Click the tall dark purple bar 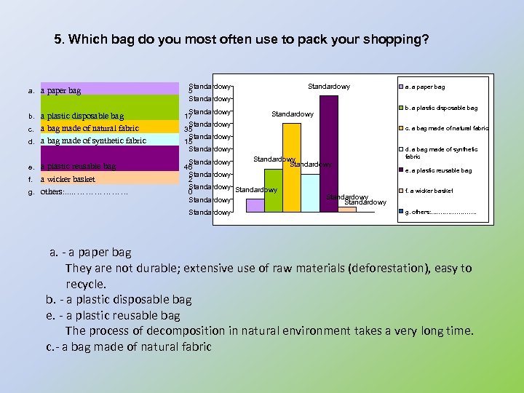point(329,153)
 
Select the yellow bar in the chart point(292,167)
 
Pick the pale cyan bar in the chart point(310,193)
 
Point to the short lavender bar point(255,205)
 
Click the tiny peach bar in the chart point(347,210)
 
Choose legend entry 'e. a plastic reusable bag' point(437,170)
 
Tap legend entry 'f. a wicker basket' point(428,191)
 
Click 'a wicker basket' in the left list point(68,179)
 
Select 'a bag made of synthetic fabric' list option point(93,140)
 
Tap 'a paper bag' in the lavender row point(61,91)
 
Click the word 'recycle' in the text point(85,284)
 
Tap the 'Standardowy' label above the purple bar point(328,87)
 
